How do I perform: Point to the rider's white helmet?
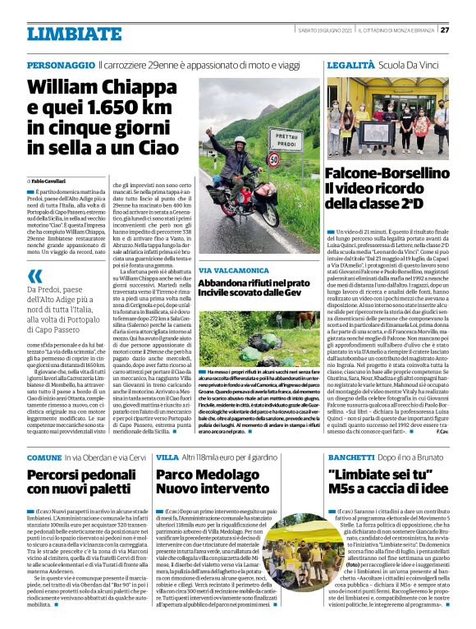240,142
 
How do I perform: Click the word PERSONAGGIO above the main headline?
61,64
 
